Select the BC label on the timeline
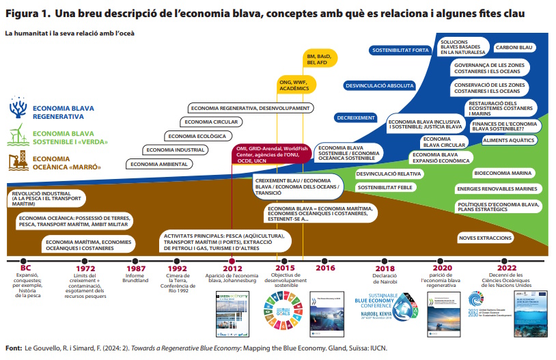pyautogui.click(x=26, y=268)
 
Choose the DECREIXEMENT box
pyautogui.click(x=356, y=117)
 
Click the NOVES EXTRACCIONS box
pyautogui.click(x=486, y=238)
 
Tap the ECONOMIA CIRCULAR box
pyautogui.click(x=212, y=122)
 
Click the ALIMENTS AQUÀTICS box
pyautogui.click(x=509, y=140)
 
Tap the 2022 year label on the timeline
pyautogui.click(x=507, y=268)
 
